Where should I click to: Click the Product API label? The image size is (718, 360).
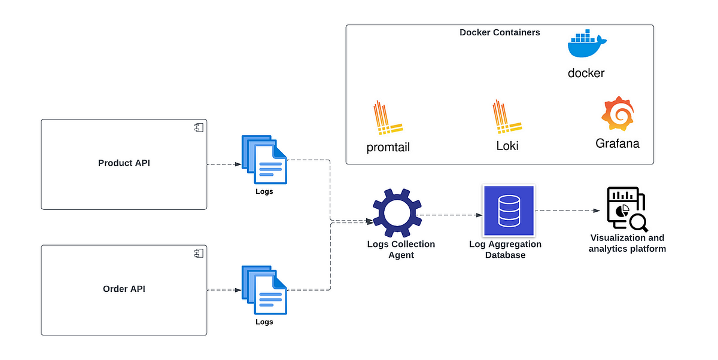[x=124, y=163]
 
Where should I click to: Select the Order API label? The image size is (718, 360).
[x=124, y=289]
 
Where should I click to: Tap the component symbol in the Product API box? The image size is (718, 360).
[x=198, y=127]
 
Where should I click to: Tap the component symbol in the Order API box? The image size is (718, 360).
[x=198, y=254]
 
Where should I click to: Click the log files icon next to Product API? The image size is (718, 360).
[x=264, y=160]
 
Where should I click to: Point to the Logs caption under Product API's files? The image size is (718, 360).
[x=264, y=191]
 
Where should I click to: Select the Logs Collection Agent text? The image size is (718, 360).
[x=401, y=249]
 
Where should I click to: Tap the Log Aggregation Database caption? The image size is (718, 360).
[x=506, y=249]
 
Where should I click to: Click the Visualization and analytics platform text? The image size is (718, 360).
[x=627, y=243]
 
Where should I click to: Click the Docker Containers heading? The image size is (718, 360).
[x=500, y=32]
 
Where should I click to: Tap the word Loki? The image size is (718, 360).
[x=507, y=146]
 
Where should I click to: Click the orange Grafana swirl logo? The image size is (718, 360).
[x=617, y=115]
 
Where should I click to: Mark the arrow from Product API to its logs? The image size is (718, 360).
[x=223, y=164]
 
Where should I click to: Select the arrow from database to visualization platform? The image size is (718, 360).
[x=567, y=210]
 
